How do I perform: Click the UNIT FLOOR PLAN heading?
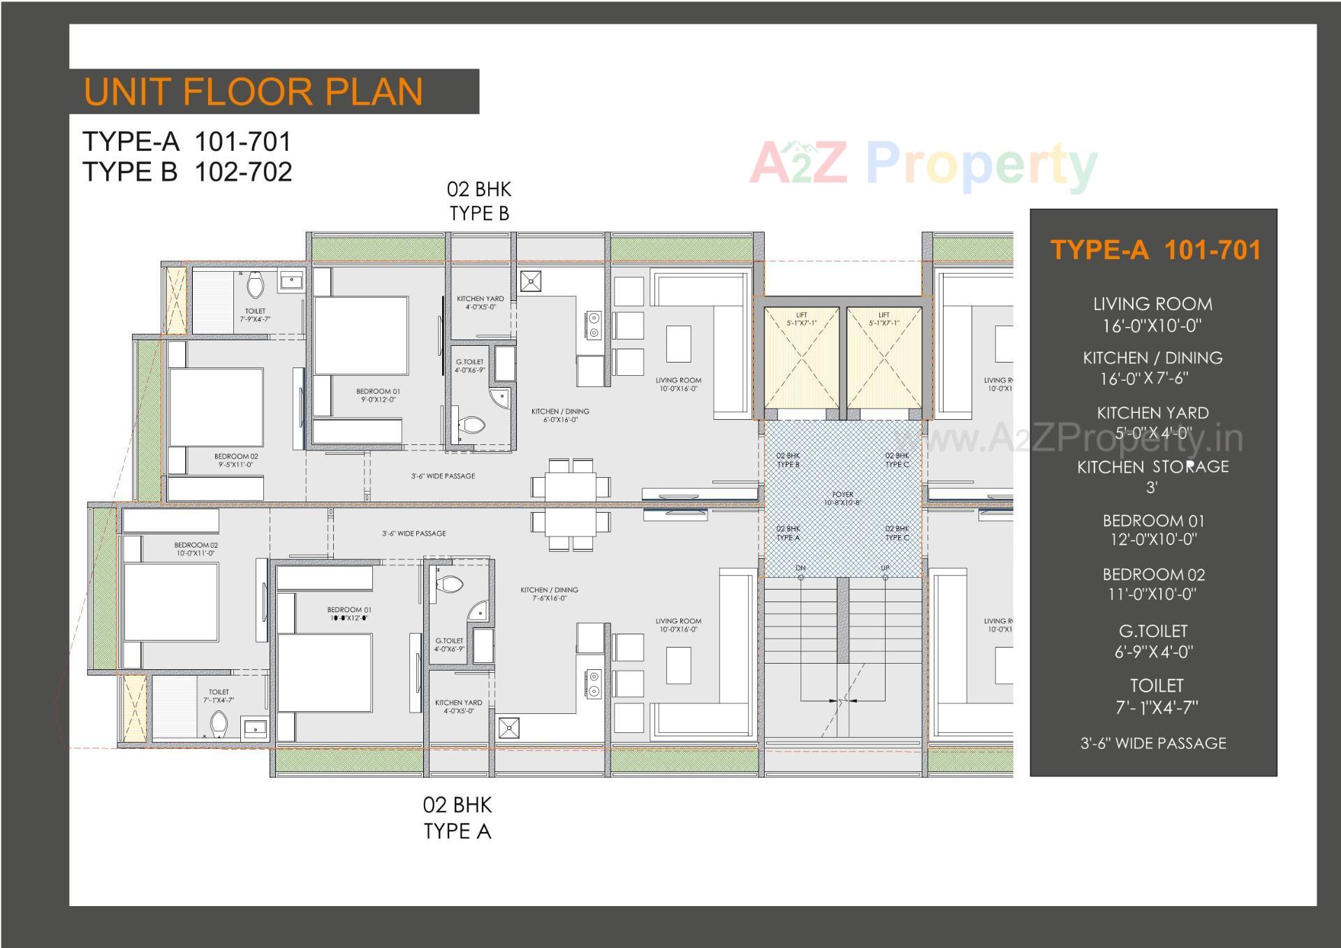coord(253,92)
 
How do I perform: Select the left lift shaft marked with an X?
coord(801,358)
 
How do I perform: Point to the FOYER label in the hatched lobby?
coord(842,498)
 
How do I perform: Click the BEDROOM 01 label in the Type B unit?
coord(378,395)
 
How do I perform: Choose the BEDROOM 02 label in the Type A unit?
coord(196,549)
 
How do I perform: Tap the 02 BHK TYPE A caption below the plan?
coord(457,818)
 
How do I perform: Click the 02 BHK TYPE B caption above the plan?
coord(479,201)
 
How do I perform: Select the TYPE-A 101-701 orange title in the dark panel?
coord(1155,250)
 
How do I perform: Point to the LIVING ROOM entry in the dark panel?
coord(1152,314)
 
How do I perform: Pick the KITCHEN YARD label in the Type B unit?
coord(480,302)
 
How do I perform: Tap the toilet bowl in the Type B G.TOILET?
coord(472,425)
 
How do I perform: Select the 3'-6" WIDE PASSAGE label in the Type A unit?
coord(413,534)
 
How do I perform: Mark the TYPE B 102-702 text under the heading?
coord(187,172)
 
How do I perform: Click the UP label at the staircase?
coord(885,568)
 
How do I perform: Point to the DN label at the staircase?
coord(800,568)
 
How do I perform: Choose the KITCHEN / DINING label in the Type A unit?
coord(549,594)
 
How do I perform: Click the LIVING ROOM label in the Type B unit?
coord(678,384)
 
